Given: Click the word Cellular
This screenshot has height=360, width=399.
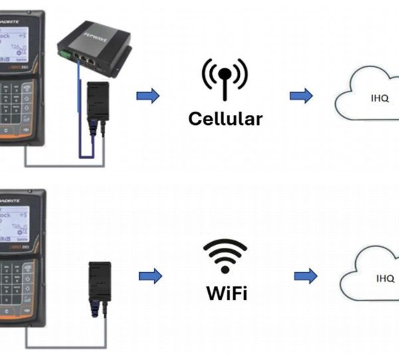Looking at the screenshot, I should pyautogui.click(x=225, y=119).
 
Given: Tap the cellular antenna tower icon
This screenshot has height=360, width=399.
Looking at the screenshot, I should pyautogui.click(x=225, y=78).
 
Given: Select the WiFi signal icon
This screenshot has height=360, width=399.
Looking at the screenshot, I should pyautogui.click(x=225, y=255).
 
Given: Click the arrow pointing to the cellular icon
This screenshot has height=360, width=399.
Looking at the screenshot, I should pyautogui.click(x=148, y=96).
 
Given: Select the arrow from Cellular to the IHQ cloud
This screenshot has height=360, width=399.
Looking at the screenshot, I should pyautogui.click(x=301, y=96).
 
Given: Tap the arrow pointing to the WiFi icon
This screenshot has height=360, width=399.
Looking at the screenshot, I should pyautogui.click(x=150, y=276).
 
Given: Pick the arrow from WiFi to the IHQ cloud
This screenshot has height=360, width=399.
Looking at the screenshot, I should pyautogui.click(x=305, y=276).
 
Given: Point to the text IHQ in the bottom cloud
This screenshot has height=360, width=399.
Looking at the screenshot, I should pyautogui.click(x=385, y=278).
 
